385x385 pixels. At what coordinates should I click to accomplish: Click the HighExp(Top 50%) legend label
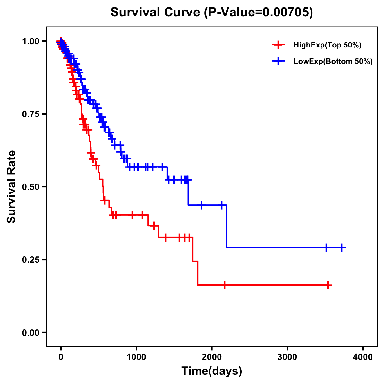(327, 45)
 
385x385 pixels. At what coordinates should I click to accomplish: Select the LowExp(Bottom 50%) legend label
(333, 61)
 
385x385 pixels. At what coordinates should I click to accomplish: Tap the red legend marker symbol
(278, 45)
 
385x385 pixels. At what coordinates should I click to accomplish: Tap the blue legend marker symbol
(278, 61)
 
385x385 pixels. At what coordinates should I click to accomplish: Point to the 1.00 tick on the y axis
(30, 41)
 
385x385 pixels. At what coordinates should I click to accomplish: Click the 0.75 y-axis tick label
(30, 114)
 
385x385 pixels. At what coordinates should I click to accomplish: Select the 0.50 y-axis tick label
(30, 187)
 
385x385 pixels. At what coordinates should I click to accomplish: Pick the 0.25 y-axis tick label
(30, 260)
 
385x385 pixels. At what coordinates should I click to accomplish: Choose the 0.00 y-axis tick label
(30, 332)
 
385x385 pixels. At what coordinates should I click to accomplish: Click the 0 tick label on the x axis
(61, 356)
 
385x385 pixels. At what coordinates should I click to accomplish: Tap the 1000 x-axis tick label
(136, 356)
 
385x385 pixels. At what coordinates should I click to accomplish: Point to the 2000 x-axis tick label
(212, 356)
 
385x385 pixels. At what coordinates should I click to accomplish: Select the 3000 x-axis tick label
(287, 356)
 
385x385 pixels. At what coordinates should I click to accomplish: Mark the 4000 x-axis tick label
(363, 356)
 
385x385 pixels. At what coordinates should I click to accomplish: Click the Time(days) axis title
(212, 371)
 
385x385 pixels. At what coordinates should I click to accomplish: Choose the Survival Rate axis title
(12, 187)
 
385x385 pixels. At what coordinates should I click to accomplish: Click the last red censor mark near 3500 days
(328, 285)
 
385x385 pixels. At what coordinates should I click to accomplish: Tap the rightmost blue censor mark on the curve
(342, 247)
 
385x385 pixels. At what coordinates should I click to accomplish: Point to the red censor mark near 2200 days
(225, 285)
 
